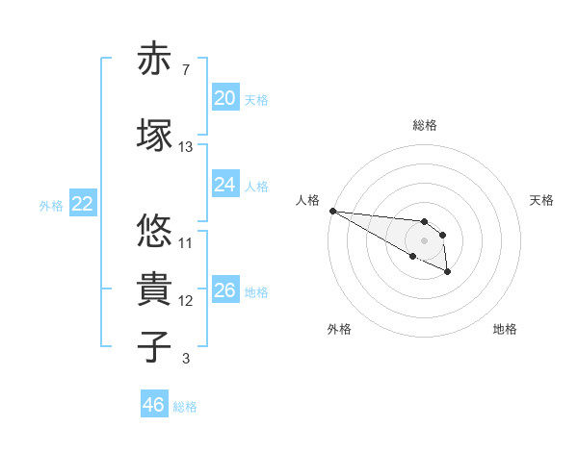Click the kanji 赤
pyautogui.click(x=154, y=60)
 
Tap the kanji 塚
pyautogui.click(x=154, y=135)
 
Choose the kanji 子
pyautogui.click(x=154, y=347)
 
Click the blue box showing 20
pyautogui.click(x=224, y=98)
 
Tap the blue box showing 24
pyautogui.click(x=224, y=185)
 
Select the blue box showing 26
pyautogui.click(x=224, y=290)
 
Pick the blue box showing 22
pyautogui.click(x=82, y=204)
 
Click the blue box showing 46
pyautogui.click(x=153, y=405)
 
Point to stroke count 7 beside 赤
pyautogui.click(x=185, y=70)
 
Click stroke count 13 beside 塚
pyautogui.click(x=186, y=147)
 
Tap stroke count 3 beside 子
pyautogui.click(x=185, y=360)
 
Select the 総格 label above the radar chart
pyautogui.click(x=425, y=125)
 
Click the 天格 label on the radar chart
pyautogui.click(x=541, y=200)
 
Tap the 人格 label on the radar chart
pyautogui.click(x=307, y=200)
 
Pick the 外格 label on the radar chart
pyautogui.click(x=339, y=330)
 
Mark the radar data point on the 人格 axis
pyautogui.click(x=332, y=211)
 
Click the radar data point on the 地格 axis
pyautogui.click(x=447, y=273)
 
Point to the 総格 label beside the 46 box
pyautogui.click(x=185, y=407)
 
